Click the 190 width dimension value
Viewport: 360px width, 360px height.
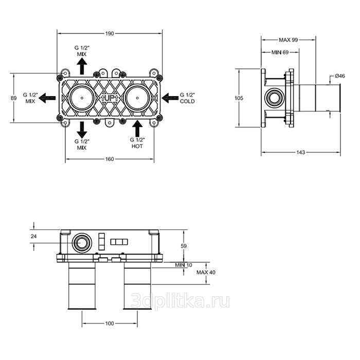pyautogui.click(x=110, y=33)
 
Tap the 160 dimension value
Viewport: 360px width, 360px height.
pyautogui.click(x=110, y=159)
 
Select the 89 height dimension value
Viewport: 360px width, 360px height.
pyautogui.click(x=14, y=98)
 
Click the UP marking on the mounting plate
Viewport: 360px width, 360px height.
pyautogui.click(x=110, y=98)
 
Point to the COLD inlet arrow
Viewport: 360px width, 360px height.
pyautogui.click(x=170, y=98)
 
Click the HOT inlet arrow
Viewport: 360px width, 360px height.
pyautogui.click(x=137, y=129)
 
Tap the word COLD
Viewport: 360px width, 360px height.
pyautogui.click(x=187, y=101)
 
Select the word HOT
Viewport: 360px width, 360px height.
pyautogui.click(x=137, y=146)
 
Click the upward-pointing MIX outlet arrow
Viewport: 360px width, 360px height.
pyautogui.click(x=82, y=66)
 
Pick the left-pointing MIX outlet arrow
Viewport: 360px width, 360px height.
pyautogui.click(x=47, y=98)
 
